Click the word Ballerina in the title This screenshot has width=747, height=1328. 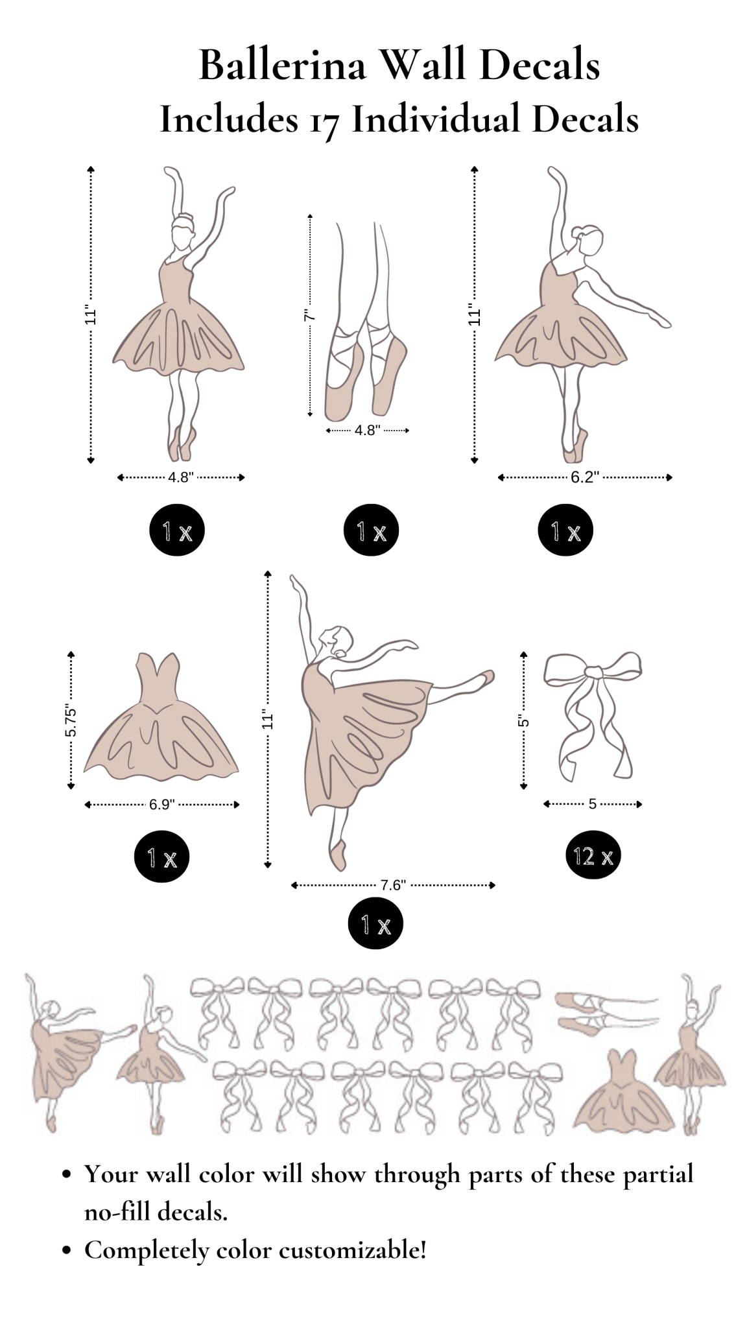pyautogui.click(x=282, y=65)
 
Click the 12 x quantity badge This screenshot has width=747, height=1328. pyautogui.click(x=593, y=857)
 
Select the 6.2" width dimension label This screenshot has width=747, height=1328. pyautogui.click(x=584, y=478)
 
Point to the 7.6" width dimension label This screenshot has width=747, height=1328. pyautogui.click(x=393, y=885)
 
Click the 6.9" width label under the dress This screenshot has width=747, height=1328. pyautogui.click(x=161, y=805)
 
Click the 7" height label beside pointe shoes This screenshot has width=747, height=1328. pyautogui.click(x=310, y=316)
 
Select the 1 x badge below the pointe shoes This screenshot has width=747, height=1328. pyautogui.click(x=371, y=531)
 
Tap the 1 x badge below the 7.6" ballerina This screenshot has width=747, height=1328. pyautogui.click(x=375, y=925)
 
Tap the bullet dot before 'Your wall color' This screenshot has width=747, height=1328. pyautogui.click(x=65, y=1174)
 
